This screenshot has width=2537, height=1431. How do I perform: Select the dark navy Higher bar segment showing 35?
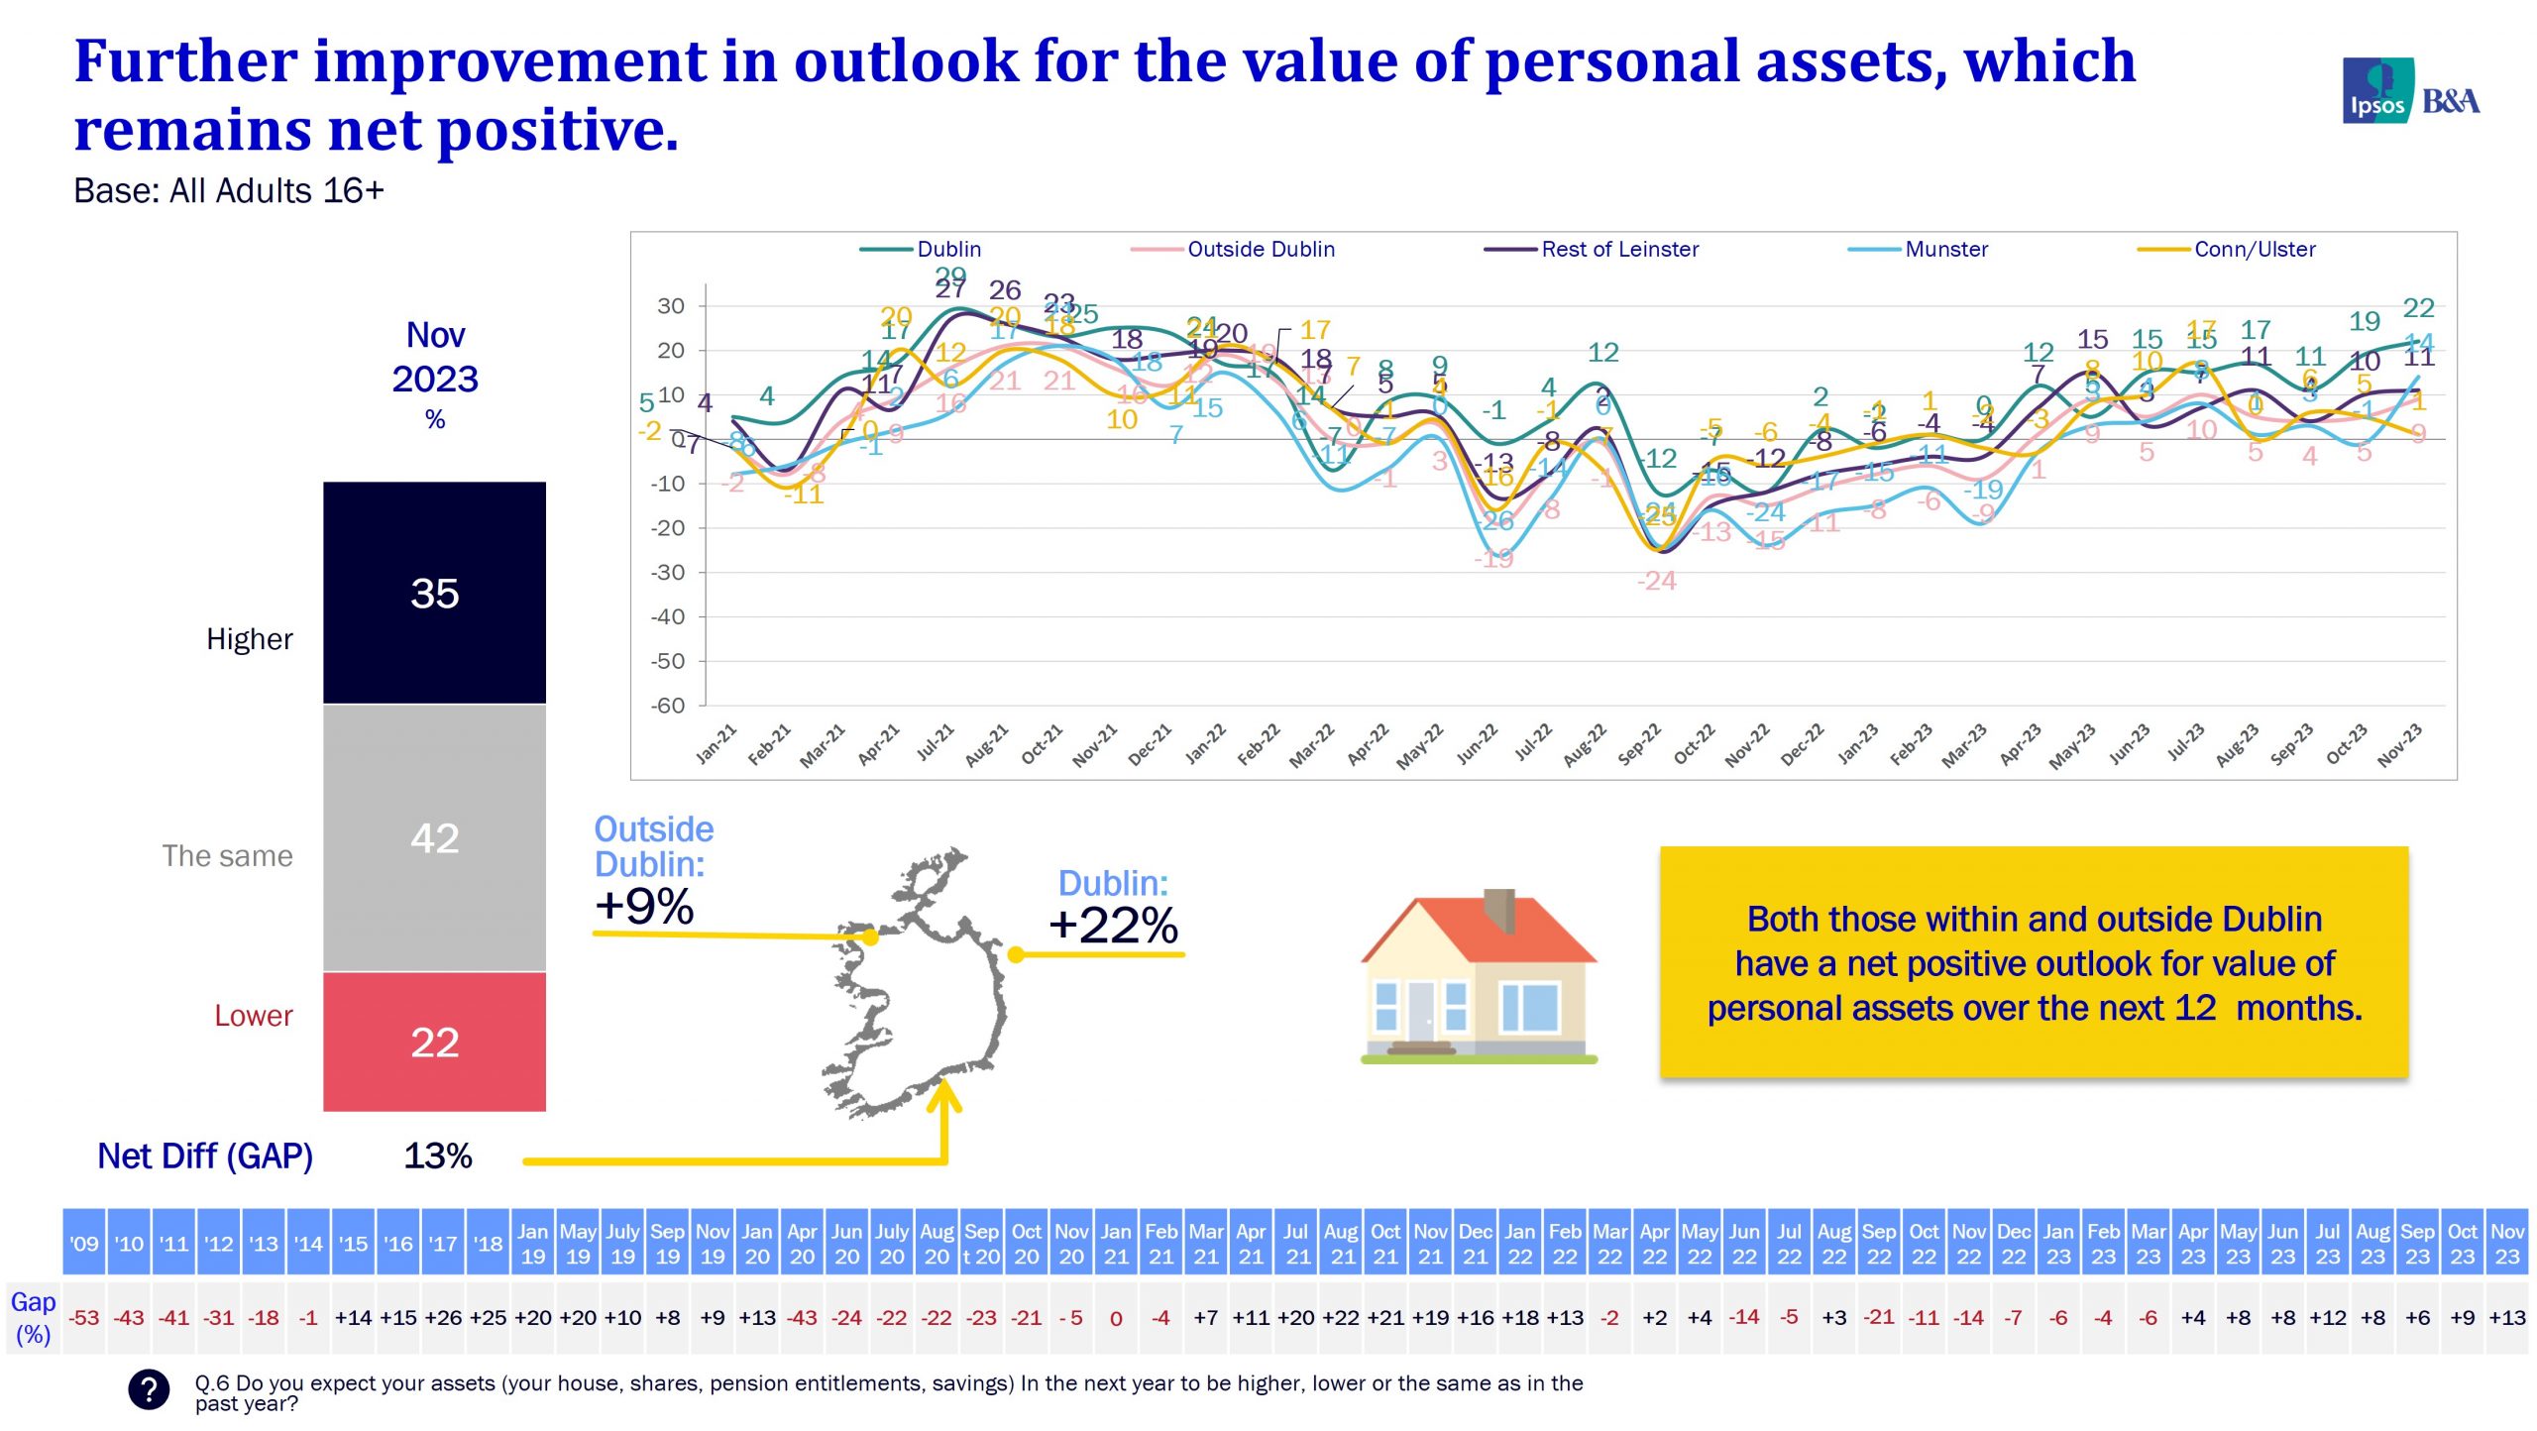coord(434,593)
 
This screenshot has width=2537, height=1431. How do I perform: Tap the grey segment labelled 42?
coord(434,838)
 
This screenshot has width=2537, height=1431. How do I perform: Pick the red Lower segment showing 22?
coord(434,1042)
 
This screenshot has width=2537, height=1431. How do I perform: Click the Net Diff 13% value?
coord(437,1156)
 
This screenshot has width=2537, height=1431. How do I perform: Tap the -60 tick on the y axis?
coord(668,706)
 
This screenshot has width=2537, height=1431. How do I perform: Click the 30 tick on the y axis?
coord(671,306)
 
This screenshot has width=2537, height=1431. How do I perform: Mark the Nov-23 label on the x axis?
coord(2398,745)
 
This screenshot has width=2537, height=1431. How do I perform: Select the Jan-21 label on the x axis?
coord(716,745)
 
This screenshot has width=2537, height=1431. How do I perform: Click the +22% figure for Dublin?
coord(1113,925)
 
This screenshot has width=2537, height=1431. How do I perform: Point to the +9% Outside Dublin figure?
coord(644,906)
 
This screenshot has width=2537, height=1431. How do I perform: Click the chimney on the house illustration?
coord(1498,909)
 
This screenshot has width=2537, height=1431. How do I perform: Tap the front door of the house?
coord(1420,1011)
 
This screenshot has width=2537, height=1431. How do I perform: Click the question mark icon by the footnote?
coord(149,1389)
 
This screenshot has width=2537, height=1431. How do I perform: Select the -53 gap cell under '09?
coord(84,1318)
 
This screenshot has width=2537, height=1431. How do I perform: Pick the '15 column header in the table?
coord(353,1243)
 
